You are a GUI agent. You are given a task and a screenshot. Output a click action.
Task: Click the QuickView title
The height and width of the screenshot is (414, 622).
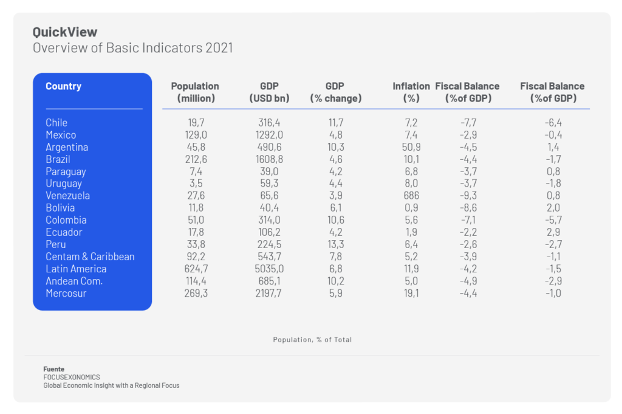[65, 32]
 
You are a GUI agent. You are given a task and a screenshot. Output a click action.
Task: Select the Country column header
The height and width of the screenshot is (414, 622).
[63, 86]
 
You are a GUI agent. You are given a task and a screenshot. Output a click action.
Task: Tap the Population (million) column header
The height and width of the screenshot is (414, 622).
[194, 92]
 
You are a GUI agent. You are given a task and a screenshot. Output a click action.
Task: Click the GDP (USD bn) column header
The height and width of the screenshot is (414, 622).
[269, 92]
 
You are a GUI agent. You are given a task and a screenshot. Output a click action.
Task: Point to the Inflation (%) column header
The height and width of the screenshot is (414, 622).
[411, 92]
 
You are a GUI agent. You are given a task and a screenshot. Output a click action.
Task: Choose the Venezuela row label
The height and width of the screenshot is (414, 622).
[67, 196]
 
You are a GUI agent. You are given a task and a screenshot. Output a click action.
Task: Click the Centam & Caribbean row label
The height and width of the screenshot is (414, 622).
[90, 257]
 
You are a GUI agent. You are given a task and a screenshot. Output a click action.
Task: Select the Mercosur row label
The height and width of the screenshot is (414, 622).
[66, 293]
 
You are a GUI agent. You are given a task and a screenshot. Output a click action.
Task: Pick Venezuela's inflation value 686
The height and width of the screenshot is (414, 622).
[411, 196]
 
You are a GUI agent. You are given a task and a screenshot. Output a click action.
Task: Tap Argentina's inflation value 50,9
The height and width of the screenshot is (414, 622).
[411, 147]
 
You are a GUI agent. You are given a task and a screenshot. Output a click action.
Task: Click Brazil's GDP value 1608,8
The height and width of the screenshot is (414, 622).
[269, 159]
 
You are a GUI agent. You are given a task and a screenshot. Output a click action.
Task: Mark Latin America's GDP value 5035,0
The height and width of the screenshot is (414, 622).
[269, 269]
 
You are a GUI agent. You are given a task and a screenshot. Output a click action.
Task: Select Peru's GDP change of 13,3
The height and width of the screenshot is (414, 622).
[335, 244]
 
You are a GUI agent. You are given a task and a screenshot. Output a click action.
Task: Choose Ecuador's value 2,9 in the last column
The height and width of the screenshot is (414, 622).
[553, 232]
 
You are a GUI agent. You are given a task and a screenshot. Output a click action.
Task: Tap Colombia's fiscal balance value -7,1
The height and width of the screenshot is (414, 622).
[467, 220]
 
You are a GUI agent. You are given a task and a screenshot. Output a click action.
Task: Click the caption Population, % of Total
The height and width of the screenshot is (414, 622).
[312, 340]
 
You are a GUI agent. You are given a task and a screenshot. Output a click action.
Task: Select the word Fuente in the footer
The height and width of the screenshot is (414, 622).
[53, 369]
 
